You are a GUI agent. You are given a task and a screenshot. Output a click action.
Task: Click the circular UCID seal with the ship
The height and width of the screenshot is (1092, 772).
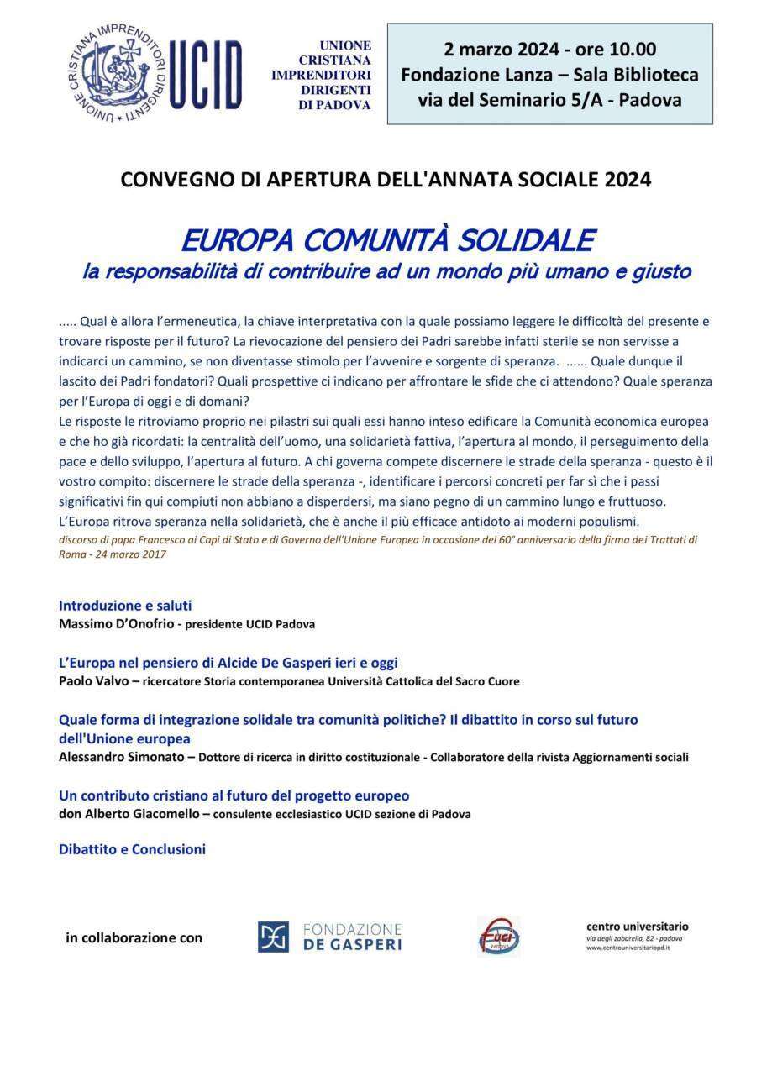point(117,75)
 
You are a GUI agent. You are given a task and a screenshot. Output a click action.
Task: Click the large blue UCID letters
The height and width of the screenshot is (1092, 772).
point(206,75)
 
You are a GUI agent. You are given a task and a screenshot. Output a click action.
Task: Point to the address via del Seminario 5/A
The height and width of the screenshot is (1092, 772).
point(512,100)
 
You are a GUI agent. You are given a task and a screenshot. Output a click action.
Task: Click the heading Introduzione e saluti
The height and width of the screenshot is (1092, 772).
point(125,605)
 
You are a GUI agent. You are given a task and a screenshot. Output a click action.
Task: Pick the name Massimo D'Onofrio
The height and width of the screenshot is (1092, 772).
point(116,624)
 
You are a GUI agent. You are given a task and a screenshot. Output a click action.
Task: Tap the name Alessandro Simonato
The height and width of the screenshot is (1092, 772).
point(123,757)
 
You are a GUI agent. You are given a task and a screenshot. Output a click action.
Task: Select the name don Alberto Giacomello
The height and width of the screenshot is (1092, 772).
point(129,814)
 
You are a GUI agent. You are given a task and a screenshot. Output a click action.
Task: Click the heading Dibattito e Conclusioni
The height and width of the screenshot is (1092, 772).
point(132,849)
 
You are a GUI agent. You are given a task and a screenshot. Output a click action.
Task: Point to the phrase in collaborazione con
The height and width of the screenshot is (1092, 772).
point(134,937)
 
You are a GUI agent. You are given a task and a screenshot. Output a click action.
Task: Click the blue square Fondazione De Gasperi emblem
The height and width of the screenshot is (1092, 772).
point(273,937)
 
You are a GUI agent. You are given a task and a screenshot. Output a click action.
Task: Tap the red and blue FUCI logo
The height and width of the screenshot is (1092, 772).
point(499,937)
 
